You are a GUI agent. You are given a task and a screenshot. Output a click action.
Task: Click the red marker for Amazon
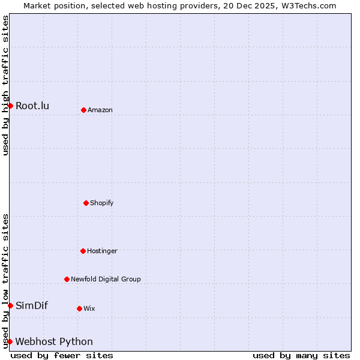(83, 110)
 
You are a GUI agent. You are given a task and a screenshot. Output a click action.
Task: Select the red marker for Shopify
(86, 203)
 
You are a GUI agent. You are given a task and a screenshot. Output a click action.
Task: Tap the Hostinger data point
(83, 251)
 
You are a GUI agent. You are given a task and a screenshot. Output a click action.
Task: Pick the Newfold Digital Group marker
(67, 279)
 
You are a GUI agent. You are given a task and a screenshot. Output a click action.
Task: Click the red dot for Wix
(79, 308)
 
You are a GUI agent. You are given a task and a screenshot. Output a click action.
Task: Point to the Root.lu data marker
(10, 106)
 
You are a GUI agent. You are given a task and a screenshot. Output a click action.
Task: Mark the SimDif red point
(10, 305)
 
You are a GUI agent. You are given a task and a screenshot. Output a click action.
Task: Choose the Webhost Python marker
(10, 341)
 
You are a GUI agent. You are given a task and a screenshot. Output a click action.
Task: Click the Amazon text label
(100, 110)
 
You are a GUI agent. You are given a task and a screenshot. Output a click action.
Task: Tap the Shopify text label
(102, 203)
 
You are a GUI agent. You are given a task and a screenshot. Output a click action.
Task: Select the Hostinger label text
(102, 251)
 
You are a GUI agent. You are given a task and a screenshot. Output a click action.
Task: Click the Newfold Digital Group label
(106, 279)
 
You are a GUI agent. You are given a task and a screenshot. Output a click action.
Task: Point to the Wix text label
(89, 308)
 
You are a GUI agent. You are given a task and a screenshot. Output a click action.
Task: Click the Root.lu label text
(32, 106)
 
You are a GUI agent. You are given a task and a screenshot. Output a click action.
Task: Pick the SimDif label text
(32, 305)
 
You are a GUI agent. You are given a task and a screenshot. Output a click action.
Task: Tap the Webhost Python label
(54, 341)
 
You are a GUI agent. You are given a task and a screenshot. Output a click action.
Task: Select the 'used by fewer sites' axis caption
(62, 355)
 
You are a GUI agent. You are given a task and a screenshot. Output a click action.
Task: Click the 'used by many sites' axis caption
(301, 355)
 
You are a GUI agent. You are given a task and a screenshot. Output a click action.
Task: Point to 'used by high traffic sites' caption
(5, 85)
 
